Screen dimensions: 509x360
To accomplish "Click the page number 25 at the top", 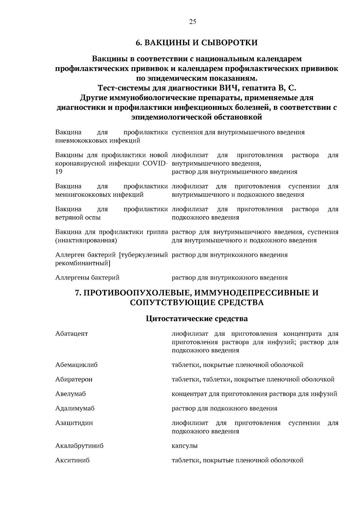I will tap(193, 21).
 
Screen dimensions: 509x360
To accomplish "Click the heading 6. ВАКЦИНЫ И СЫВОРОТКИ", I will tap(197, 43).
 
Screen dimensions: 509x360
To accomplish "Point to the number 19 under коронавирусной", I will tap(59, 172).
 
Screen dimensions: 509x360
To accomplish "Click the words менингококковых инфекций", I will tap(99, 195).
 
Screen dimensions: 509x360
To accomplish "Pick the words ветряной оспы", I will tap(78, 217).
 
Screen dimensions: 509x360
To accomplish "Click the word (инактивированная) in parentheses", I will tap(86, 241).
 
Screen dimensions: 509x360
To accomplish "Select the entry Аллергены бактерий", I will tap(87, 278).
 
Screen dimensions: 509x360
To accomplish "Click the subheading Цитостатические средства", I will tap(197, 319).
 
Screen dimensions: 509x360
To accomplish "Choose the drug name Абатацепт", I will tap(72, 334).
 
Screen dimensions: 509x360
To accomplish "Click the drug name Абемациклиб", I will tap(76, 365).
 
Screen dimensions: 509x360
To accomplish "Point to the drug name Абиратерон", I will tap(74, 379).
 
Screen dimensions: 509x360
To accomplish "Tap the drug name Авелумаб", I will tap(70, 394).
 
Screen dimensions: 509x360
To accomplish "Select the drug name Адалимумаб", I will tap(75, 409).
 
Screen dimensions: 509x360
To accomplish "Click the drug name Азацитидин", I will tap(74, 423).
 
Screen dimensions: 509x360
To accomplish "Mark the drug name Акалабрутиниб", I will tap(79, 446).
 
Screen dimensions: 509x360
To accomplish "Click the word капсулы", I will tap(184, 446).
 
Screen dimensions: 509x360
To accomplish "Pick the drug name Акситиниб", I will tap(72, 460).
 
